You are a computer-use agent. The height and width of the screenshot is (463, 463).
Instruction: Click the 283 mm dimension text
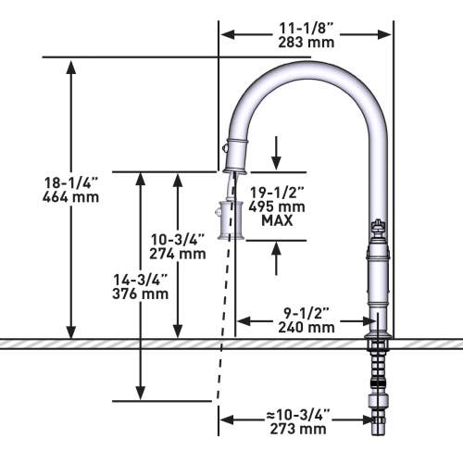click(307, 43)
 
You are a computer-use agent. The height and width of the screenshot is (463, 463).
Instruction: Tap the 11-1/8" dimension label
click(306, 29)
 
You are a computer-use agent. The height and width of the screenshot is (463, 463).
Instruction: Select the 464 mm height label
click(70, 197)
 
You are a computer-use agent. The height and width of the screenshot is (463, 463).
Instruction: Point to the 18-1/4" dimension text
click(70, 182)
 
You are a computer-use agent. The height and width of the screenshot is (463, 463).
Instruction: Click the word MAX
click(277, 220)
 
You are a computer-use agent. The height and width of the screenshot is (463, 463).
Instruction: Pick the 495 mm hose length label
click(277, 206)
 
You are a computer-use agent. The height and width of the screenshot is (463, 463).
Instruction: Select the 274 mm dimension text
click(178, 254)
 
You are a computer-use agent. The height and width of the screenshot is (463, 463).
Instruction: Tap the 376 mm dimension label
click(141, 294)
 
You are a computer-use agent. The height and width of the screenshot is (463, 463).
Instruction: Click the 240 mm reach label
click(307, 327)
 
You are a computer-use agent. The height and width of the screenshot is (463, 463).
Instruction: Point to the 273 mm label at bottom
click(298, 429)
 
